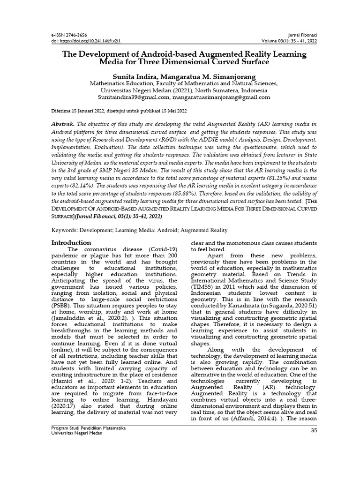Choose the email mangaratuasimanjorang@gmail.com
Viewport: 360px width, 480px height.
pyautogui.click(x=221, y=97)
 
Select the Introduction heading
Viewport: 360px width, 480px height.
pyautogui.click(x=71, y=242)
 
